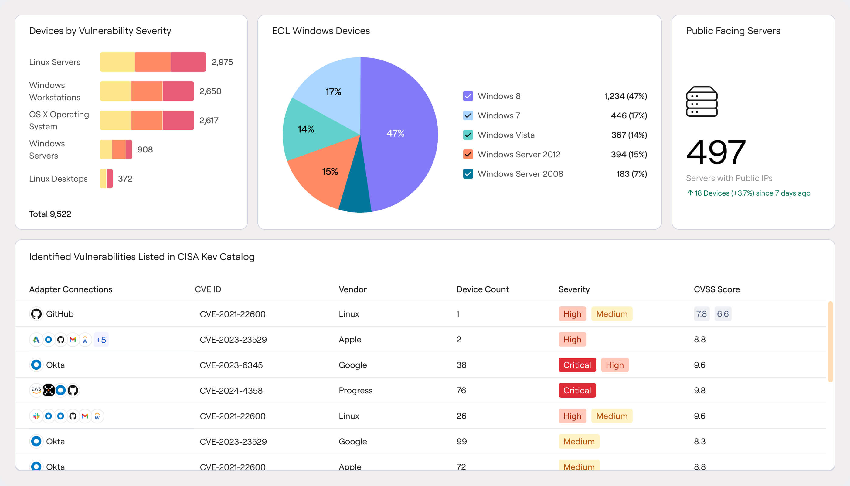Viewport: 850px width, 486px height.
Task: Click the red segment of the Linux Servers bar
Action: (189, 62)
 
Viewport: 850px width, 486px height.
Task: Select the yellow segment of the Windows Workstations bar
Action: (115, 91)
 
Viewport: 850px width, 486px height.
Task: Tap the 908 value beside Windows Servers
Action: (145, 149)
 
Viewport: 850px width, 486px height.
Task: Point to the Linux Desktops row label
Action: (58, 179)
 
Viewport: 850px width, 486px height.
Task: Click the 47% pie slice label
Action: (395, 134)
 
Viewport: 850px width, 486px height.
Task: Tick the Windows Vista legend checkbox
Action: (468, 135)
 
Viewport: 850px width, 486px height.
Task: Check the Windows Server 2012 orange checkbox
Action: (468, 154)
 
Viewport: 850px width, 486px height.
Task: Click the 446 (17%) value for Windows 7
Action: (628, 115)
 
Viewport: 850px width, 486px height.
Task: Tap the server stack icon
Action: (702, 101)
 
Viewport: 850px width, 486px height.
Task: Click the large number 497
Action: (716, 152)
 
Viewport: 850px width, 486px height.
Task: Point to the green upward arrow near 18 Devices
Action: (690, 193)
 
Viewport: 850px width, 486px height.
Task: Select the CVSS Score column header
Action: (716, 289)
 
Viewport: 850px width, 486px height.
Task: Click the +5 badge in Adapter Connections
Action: (101, 340)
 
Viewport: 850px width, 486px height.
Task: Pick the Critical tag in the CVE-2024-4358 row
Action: (577, 391)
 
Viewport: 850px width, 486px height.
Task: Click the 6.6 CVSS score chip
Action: (722, 314)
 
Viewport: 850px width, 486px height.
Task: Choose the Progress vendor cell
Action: (355, 391)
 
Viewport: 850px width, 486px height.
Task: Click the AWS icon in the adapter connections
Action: (36, 390)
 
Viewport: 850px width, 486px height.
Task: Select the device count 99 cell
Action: (461, 442)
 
